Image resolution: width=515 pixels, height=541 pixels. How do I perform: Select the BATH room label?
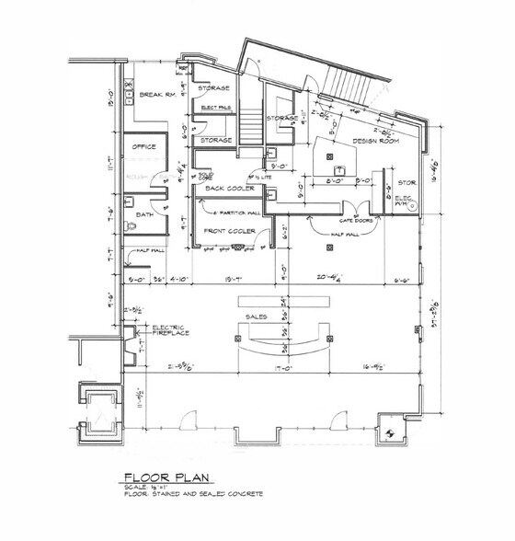click(144, 213)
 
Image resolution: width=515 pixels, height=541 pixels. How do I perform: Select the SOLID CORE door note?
click(206, 174)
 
